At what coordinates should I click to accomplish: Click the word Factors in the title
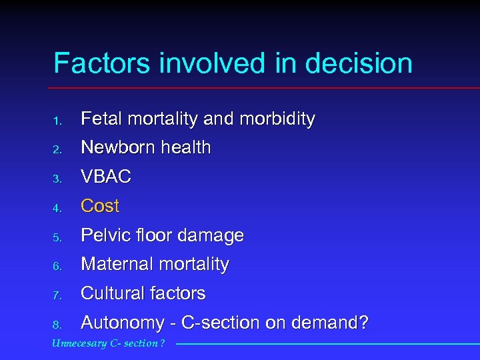pos(102,64)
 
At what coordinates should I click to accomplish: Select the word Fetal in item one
pos(99,119)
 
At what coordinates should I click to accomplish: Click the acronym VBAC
pos(106,177)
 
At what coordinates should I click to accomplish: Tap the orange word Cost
pos(100,207)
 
